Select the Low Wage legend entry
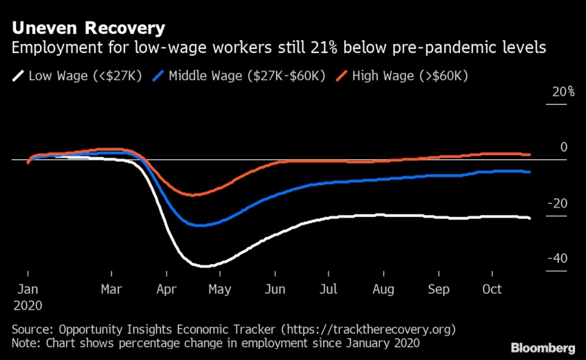click(x=79, y=76)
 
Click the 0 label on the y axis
click(x=563, y=148)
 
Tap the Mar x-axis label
click(x=111, y=289)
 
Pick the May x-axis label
click(x=219, y=289)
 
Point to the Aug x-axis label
click(x=383, y=289)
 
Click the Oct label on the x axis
click(x=492, y=289)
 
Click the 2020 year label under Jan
click(x=27, y=305)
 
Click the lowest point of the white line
click(x=203, y=266)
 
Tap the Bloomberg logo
click(x=543, y=348)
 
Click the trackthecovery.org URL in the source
click(x=370, y=329)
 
